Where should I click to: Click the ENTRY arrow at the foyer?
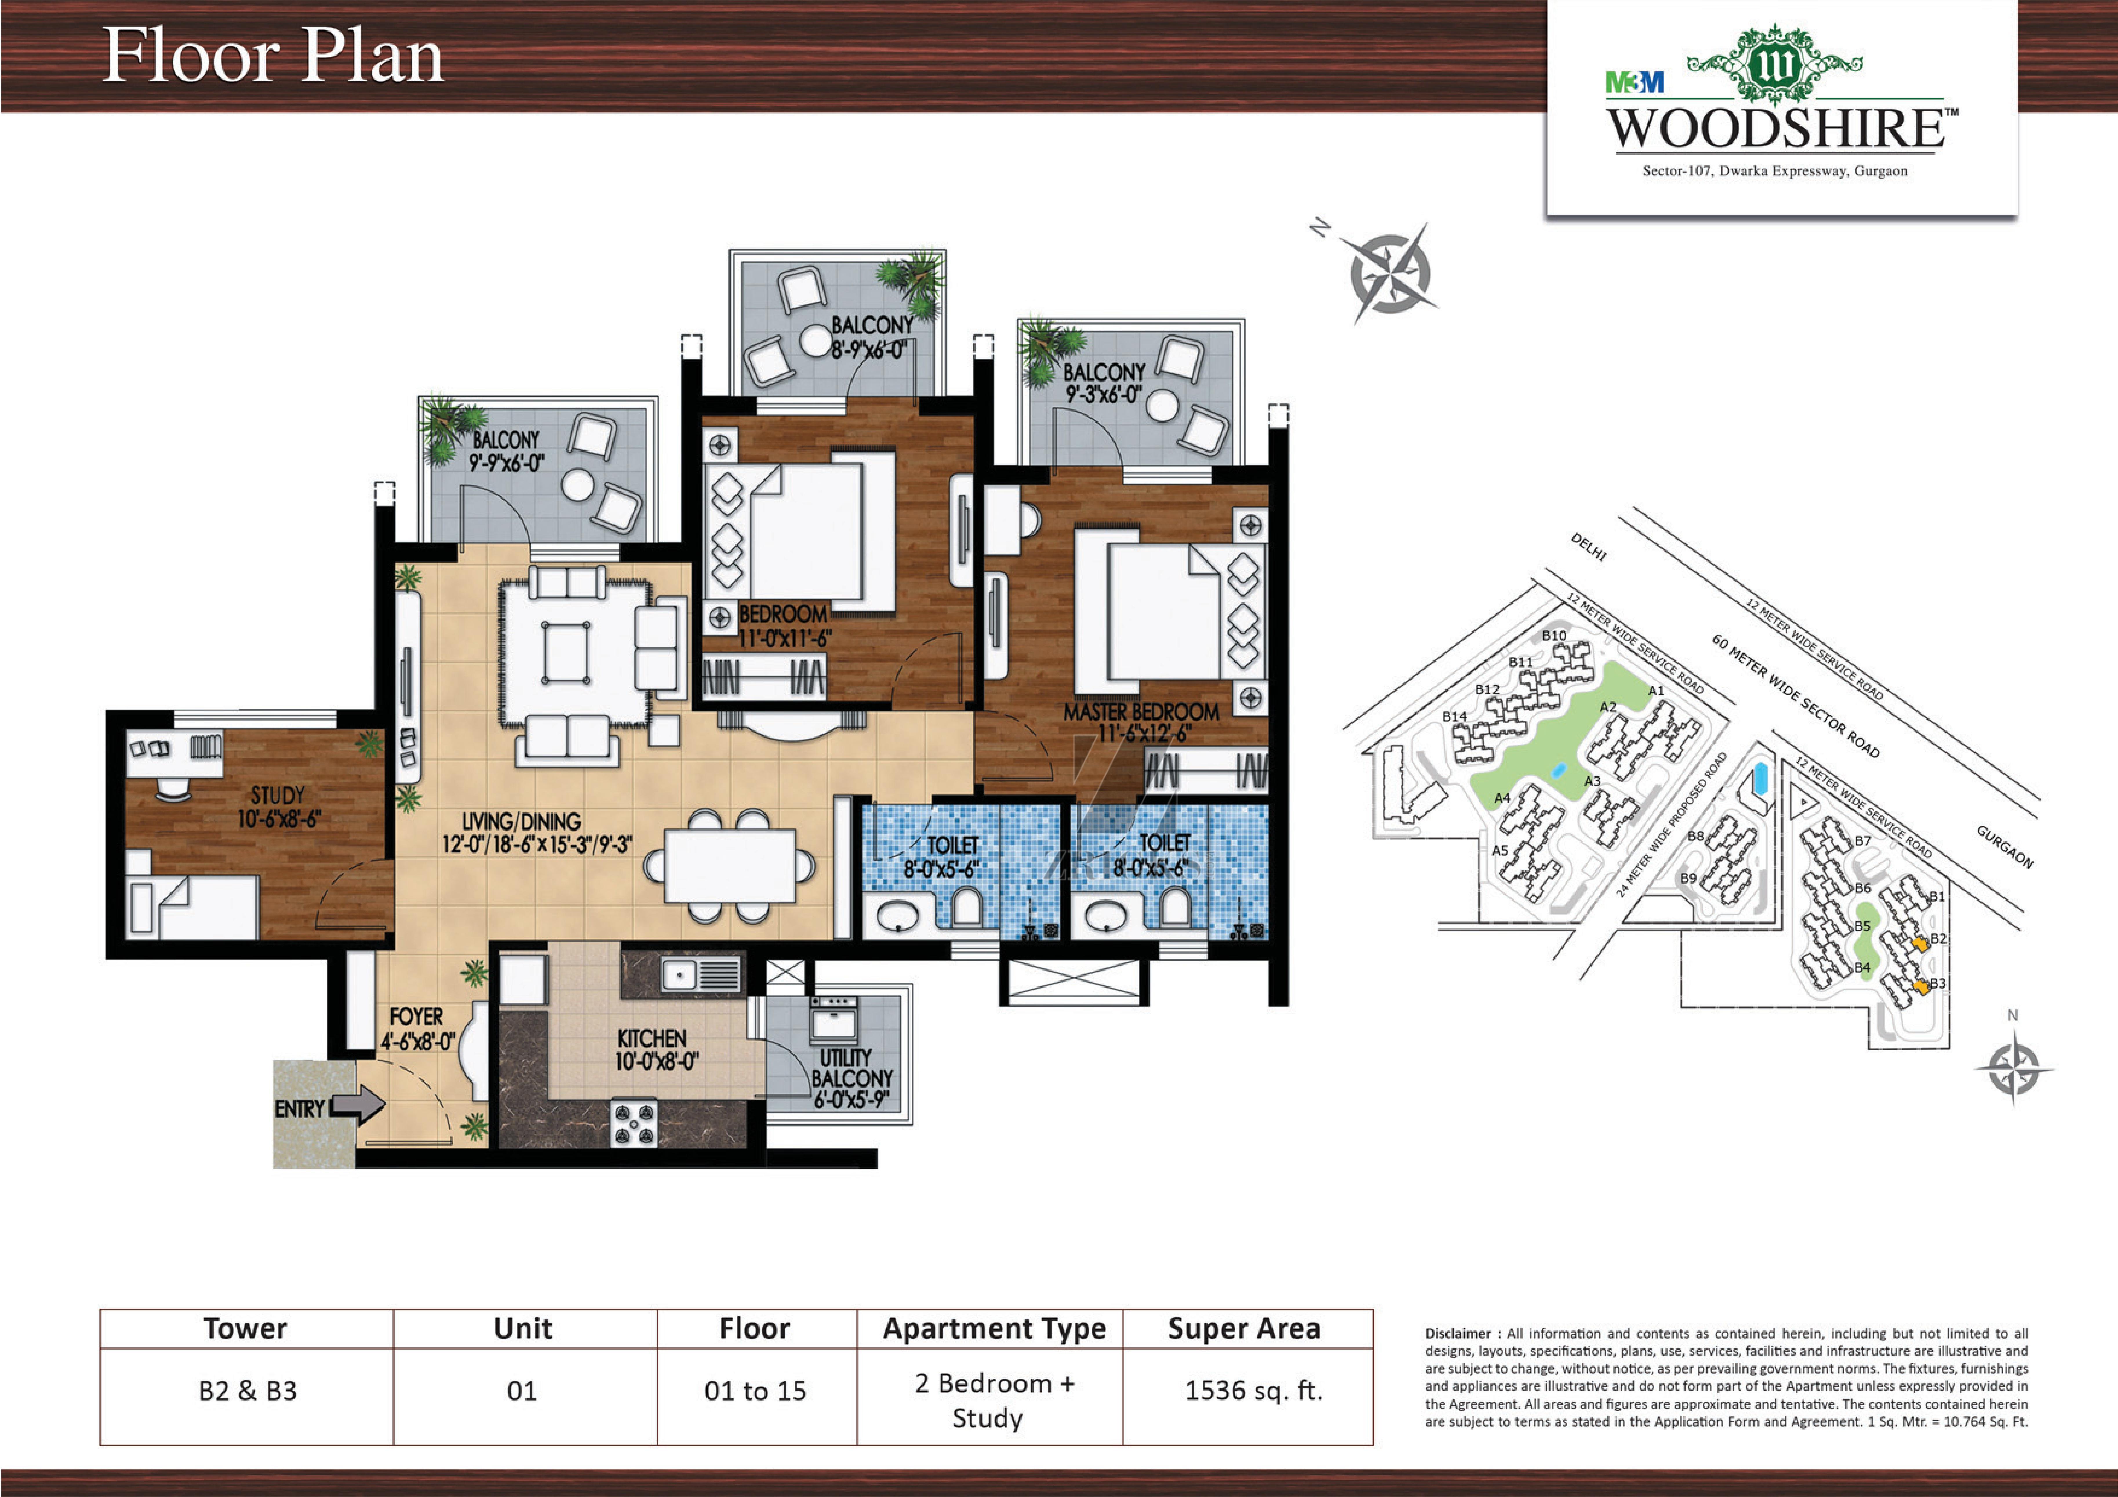358,1104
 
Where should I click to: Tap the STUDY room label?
278,795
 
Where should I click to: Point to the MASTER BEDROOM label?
1141,712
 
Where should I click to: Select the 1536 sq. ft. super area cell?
1254,1390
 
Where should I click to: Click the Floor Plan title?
272,55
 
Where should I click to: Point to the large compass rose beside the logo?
1388,273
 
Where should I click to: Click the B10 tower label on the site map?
1554,636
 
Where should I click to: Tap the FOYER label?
416,1016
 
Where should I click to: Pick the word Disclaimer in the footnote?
1458,1334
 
